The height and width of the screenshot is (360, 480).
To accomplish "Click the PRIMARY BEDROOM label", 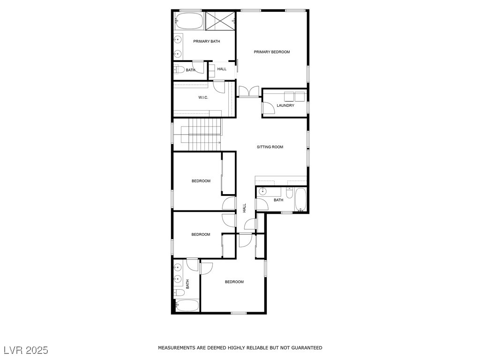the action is (271, 52).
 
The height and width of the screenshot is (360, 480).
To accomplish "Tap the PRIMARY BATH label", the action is (206, 41).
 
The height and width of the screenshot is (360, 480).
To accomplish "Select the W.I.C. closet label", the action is (203, 97).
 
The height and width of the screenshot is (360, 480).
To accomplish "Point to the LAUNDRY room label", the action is (285, 105).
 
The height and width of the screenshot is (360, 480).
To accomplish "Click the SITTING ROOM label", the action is (270, 147).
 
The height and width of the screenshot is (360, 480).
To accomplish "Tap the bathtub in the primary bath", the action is (188, 21).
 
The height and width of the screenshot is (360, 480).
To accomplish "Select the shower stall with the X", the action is (220, 21).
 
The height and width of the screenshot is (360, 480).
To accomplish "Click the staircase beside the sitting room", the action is (201, 135).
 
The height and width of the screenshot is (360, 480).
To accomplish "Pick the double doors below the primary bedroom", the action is (249, 92).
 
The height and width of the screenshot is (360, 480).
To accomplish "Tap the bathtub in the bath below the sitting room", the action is (300, 200).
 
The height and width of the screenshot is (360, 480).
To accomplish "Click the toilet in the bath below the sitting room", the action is (290, 193).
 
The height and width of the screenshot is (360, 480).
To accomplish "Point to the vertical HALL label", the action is (244, 208).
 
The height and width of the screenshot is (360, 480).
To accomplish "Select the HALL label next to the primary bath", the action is (222, 69).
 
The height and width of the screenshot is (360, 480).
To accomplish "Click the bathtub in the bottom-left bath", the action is (187, 306).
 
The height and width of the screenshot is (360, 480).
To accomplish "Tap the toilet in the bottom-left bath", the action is (179, 293).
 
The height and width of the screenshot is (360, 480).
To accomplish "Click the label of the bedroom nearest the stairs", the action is (201, 181).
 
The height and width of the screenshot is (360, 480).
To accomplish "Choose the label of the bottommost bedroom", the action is (234, 282).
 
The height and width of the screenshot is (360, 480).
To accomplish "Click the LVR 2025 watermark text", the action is (26, 350).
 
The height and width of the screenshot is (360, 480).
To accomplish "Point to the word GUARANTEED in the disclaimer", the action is (307, 348).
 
